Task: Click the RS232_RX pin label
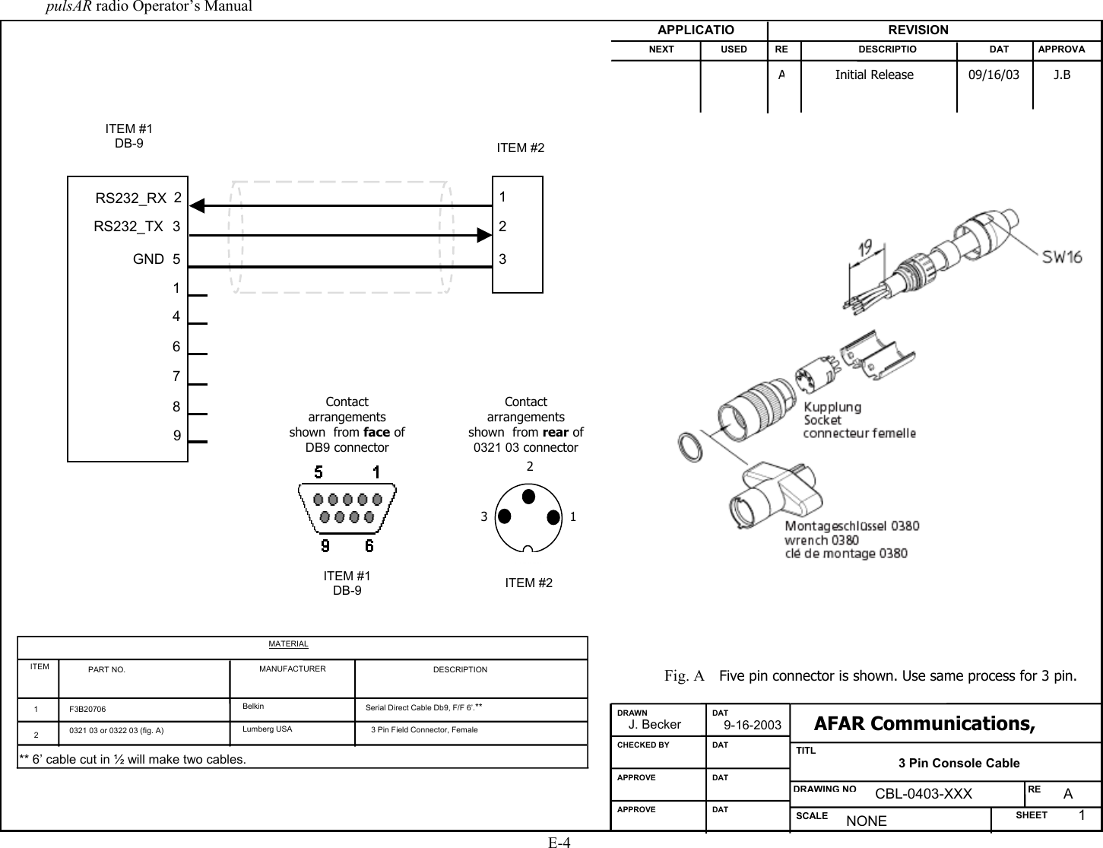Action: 131,199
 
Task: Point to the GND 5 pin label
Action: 157,259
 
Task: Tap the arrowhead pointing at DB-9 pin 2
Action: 198,205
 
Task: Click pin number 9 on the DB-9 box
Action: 176,437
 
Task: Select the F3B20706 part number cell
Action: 88,709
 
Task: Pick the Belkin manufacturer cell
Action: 254,707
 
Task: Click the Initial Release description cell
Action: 874,75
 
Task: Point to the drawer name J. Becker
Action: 660,725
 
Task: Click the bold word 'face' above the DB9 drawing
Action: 377,432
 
